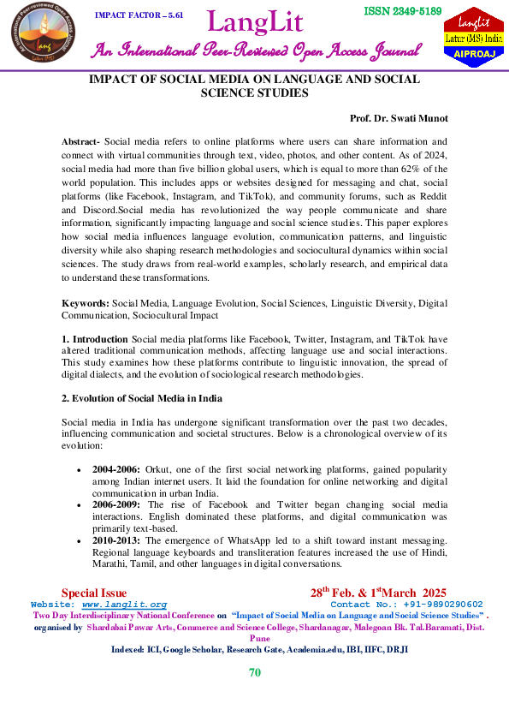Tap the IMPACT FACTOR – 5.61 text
coord(138,15)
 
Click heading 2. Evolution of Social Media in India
coord(140,399)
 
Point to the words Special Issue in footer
coord(94,593)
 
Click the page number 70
coord(254,672)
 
